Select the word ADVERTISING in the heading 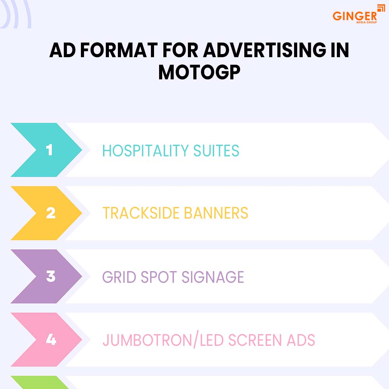pyautogui.click(x=253, y=51)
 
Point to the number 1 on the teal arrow pyautogui.click(x=49, y=150)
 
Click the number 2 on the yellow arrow pyautogui.click(x=51, y=213)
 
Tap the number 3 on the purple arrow pyautogui.click(x=51, y=277)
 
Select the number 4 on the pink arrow pyautogui.click(x=51, y=340)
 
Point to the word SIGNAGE pyautogui.click(x=213, y=277)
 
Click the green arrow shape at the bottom pyautogui.click(x=39, y=383)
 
